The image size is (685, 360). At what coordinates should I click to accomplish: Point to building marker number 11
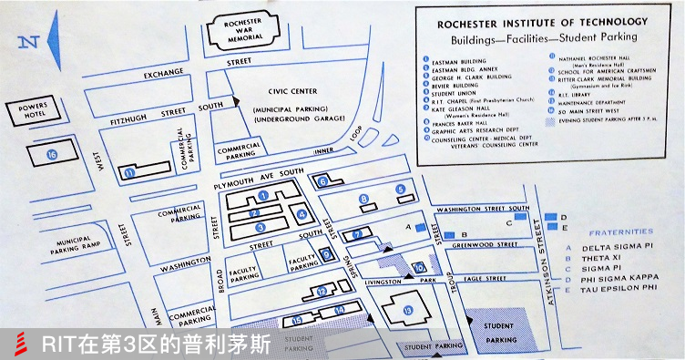pyautogui.click(x=130, y=171)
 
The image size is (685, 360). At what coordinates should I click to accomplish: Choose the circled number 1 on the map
pyautogui.click(x=262, y=195)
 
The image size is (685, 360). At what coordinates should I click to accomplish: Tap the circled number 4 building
pyautogui.click(x=302, y=215)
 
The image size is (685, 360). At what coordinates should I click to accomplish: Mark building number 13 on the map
pyautogui.click(x=407, y=310)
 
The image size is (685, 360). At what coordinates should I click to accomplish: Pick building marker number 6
pyautogui.click(x=323, y=181)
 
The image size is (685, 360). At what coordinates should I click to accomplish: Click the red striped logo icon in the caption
pyautogui.click(x=19, y=344)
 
